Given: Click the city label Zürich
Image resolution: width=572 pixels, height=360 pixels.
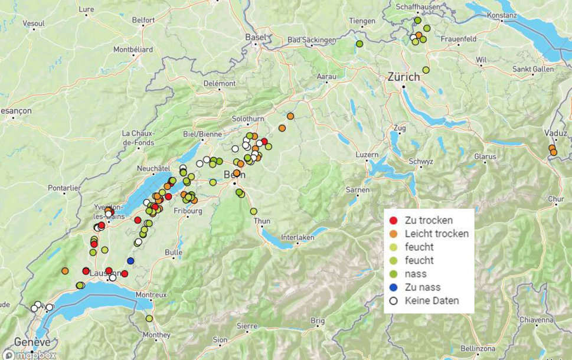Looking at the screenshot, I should pos(404,76).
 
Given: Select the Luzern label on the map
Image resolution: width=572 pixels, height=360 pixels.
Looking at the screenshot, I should pos(367,155).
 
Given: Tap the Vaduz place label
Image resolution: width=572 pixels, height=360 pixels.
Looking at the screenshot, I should pos(554,133).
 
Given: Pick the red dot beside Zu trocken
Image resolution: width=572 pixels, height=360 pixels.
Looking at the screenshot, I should pos(393,221).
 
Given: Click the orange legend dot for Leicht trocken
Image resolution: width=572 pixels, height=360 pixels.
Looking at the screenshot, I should pos(393,234).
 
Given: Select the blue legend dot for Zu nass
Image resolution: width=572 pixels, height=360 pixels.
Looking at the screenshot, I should pos(393,287).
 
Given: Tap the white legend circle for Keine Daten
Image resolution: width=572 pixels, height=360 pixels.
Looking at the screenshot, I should pos(393,301).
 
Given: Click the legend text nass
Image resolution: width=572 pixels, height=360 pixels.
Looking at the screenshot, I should pos(416,274).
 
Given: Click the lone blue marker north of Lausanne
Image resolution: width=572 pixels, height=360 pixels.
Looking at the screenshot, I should pos(130,261).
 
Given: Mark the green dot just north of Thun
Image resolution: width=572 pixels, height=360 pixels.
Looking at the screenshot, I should pos(253,211).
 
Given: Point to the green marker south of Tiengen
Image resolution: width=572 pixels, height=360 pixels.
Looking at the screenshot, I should pos(359,44).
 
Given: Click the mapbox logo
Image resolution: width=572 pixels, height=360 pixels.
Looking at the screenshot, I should pos(35,355).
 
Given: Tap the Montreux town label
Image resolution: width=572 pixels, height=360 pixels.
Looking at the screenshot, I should pos(151,294).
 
